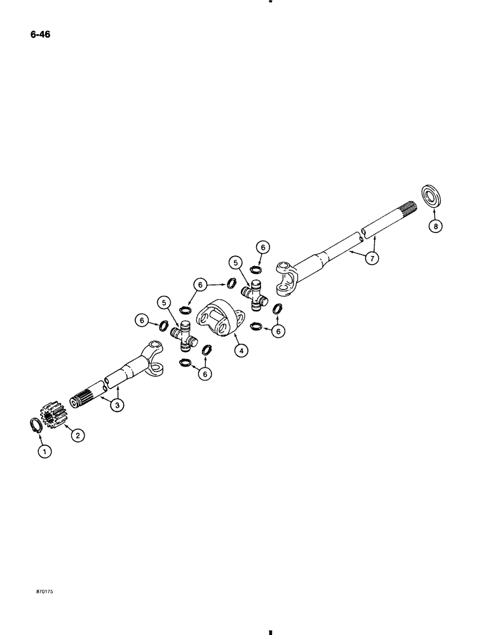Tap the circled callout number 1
43,451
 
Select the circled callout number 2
78,435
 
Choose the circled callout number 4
240,349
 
